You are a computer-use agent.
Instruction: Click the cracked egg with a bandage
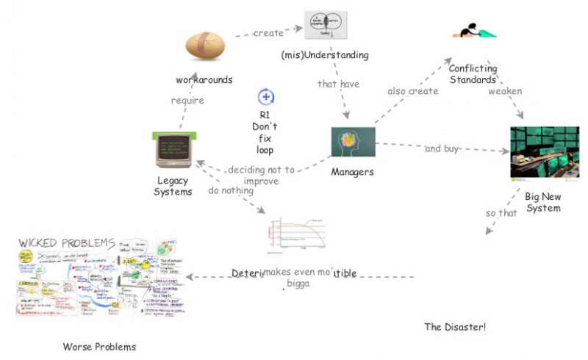(x=204, y=46)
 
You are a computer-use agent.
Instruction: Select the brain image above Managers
(x=353, y=142)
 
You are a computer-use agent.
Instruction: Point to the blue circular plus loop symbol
(x=266, y=96)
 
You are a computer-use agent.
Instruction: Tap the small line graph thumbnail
(x=296, y=234)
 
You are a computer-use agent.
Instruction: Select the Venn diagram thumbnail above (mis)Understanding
(x=326, y=26)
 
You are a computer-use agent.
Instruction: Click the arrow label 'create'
(x=268, y=33)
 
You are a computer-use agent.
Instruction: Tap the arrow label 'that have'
(x=338, y=84)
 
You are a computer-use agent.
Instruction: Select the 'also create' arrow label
(x=412, y=91)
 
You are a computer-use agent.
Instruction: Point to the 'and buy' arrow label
(x=442, y=148)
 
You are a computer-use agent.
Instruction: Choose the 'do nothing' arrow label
(x=230, y=190)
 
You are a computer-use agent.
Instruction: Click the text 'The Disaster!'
(x=455, y=326)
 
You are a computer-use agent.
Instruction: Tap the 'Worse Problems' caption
(x=99, y=346)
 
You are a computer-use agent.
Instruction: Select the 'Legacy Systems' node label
(x=173, y=186)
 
